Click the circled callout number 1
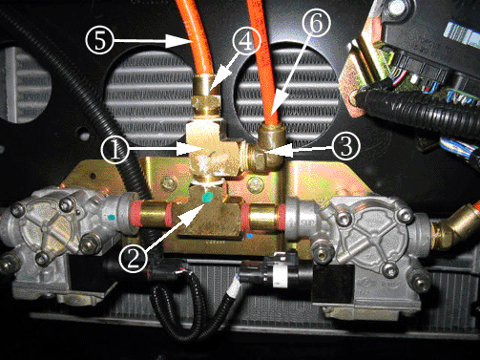tap(115, 150)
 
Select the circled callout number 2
tap(133, 258)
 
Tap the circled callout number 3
tap(346, 146)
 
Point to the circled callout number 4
tap(246, 42)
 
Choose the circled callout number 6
tap(316, 23)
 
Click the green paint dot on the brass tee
tap(207, 197)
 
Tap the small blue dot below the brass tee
tap(249, 236)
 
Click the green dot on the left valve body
tap(111, 218)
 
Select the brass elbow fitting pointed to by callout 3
tap(265, 148)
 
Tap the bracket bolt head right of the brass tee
tap(256, 185)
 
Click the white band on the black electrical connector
tap(281, 273)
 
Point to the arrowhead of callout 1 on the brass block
tap(194, 149)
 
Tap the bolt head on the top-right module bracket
tap(354, 95)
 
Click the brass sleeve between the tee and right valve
tap(263, 217)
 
